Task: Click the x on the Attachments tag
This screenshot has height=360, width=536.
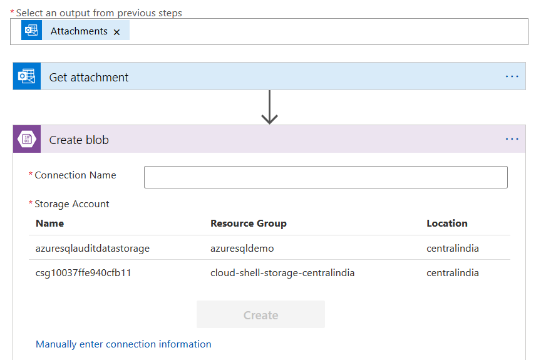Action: point(116,32)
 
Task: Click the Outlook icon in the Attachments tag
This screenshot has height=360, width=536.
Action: point(31,31)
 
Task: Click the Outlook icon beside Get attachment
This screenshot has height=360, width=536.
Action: point(27,76)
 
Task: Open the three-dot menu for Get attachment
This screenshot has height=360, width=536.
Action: point(512,76)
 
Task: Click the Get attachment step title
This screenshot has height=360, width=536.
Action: point(89,78)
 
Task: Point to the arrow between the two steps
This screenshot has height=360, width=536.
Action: point(269,107)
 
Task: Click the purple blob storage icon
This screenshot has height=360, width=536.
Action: point(27,139)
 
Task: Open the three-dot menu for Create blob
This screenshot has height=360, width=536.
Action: point(512,139)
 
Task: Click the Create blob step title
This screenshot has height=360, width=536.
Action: point(79,140)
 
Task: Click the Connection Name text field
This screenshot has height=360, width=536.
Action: point(326,177)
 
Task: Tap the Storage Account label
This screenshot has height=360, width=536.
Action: point(72,204)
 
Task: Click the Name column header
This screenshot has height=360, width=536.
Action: point(49,224)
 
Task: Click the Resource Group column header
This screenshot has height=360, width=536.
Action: point(249,224)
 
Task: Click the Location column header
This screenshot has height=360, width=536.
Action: point(447,224)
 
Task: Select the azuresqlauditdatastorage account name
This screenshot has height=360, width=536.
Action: point(93,249)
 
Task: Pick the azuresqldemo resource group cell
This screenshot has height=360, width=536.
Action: point(242,249)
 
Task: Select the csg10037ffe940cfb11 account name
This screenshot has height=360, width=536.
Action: point(83,273)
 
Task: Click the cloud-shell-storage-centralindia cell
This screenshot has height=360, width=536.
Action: point(282,273)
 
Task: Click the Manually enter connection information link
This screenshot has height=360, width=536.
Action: point(123,344)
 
